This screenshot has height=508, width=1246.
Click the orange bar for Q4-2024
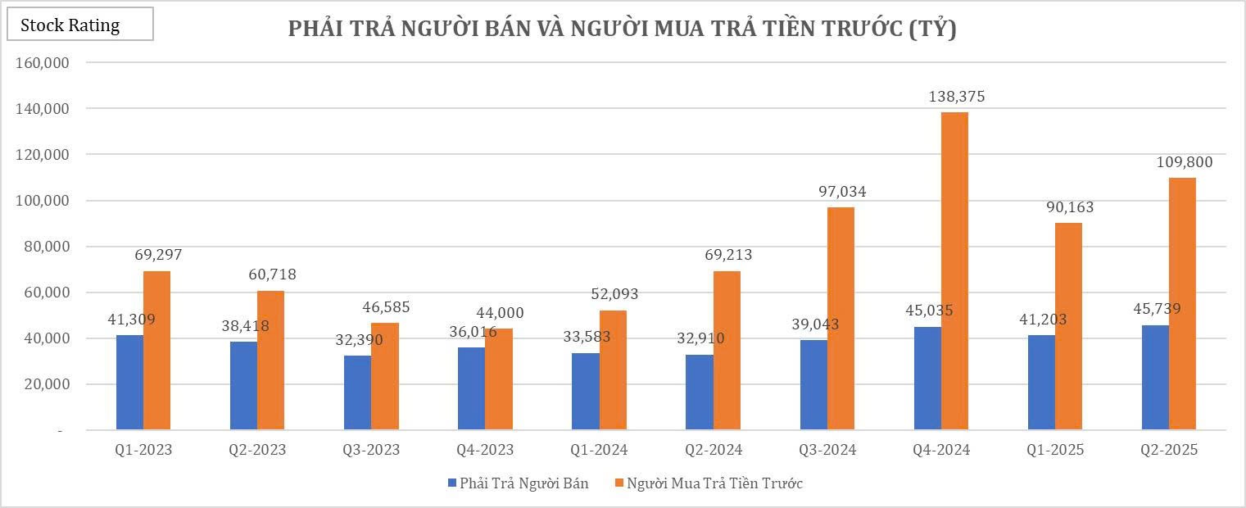pyautogui.click(x=954, y=270)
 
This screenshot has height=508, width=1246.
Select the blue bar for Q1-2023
pyautogui.click(x=129, y=382)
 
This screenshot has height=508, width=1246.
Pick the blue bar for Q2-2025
pyautogui.click(x=1155, y=377)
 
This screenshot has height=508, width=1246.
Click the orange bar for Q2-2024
pyautogui.click(x=727, y=350)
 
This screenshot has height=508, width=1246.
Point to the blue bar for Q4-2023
pyautogui.click(x=471, y=388)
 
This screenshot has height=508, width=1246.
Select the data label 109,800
pyautogui.click(x=1185, y=162)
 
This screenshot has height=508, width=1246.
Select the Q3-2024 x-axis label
pyautogui.click(x=828, y=450)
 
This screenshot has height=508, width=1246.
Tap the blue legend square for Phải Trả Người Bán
pyautogui.click(x=452, y=483)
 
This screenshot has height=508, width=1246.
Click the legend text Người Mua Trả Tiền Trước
pyautogui.click(x=714, y=483)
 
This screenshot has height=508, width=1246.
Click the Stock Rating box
pyautogui.click(x=80, y=25)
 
